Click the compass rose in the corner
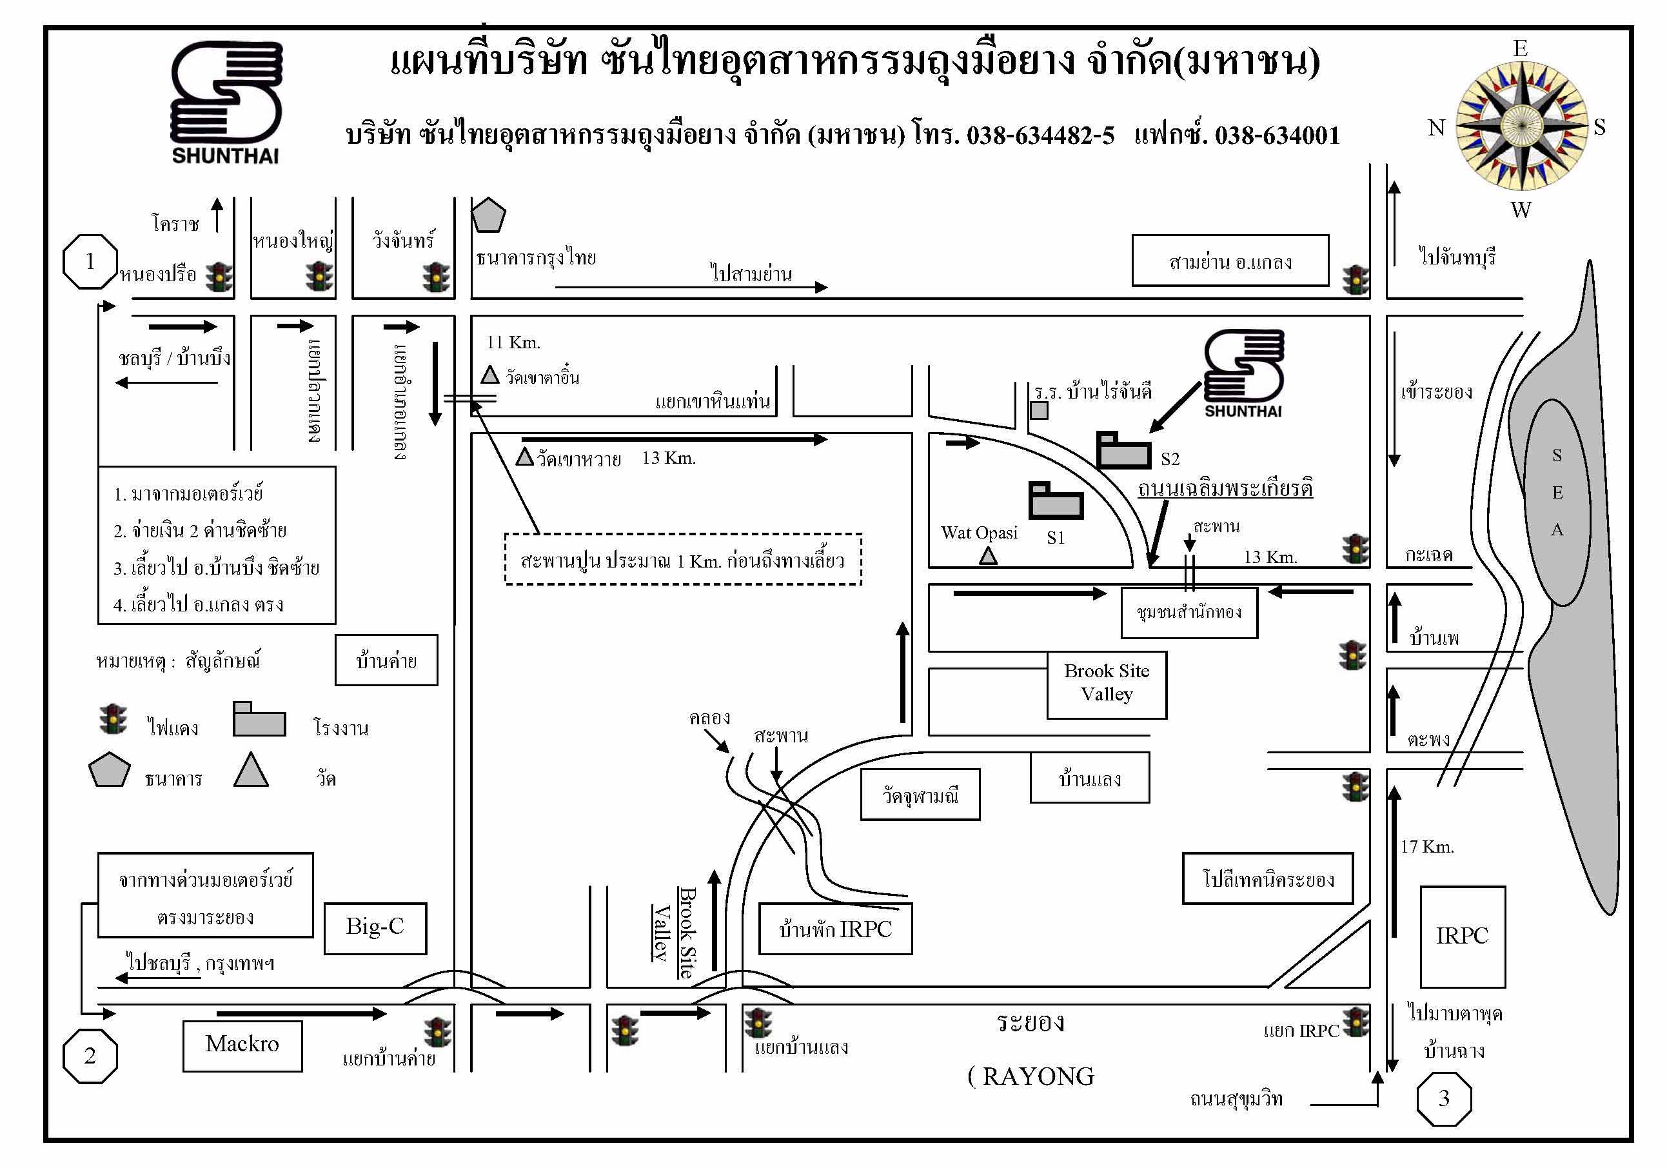[x=1522, y=126]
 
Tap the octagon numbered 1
[x=90, y=261]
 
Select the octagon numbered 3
[x=1444, y=1098]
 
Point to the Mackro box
[x=242, y=1046]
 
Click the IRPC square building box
[x=1463, y=936]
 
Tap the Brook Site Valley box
[x=1107, y=684]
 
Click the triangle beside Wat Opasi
[x=988, y=556]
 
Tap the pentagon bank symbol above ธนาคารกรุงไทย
[x=489, y=215]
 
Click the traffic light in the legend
[x=113, y=719]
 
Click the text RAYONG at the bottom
[x=1038, y=1076]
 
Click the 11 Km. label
[x=513, y=342]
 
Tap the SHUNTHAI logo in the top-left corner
[x=226, y=103]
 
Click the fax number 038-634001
[x=1277, y=135]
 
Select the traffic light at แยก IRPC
[x=1356, y=1022]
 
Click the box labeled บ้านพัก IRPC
[x=836, y=929]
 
